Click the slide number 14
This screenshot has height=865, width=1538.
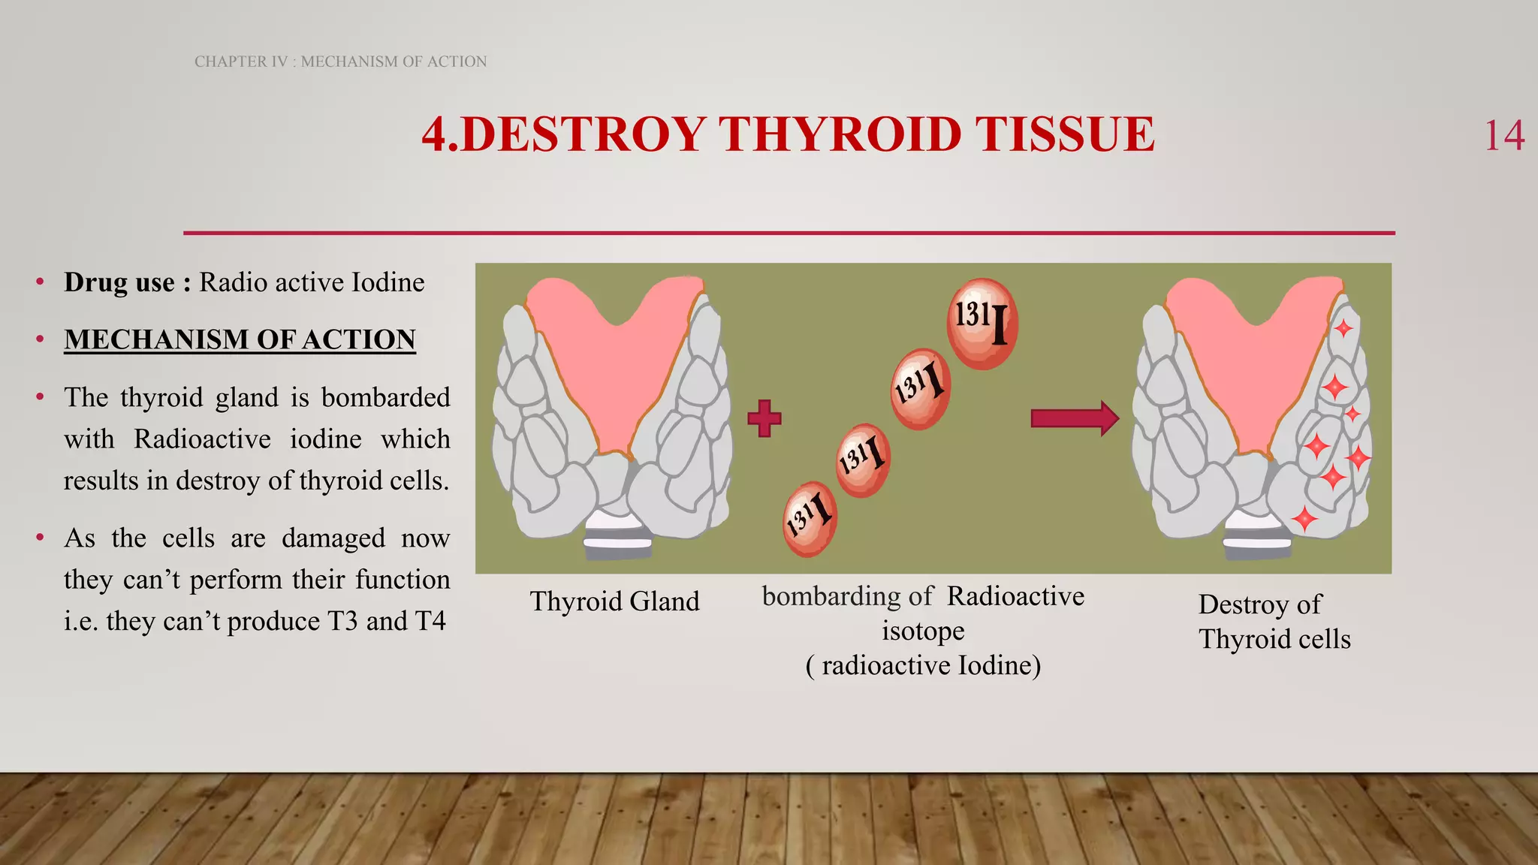(1503, 137)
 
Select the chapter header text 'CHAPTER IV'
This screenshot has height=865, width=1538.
(241, 62)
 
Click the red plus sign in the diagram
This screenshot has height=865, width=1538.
(764, 418)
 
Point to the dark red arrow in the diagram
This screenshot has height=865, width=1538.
(1074, 418)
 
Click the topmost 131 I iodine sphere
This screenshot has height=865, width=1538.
(982, 324)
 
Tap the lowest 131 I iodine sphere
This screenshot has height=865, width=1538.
(809, 519)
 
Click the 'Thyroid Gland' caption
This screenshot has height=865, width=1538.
(614, 601)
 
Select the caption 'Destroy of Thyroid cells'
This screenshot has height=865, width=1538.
(1274, 622)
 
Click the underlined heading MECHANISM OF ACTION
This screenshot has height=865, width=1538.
(240, 339)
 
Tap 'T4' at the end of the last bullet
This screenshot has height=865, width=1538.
(430, 622)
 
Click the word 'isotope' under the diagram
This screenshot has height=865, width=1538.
(923, 631)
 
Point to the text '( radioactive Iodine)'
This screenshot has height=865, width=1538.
(923, 665)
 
